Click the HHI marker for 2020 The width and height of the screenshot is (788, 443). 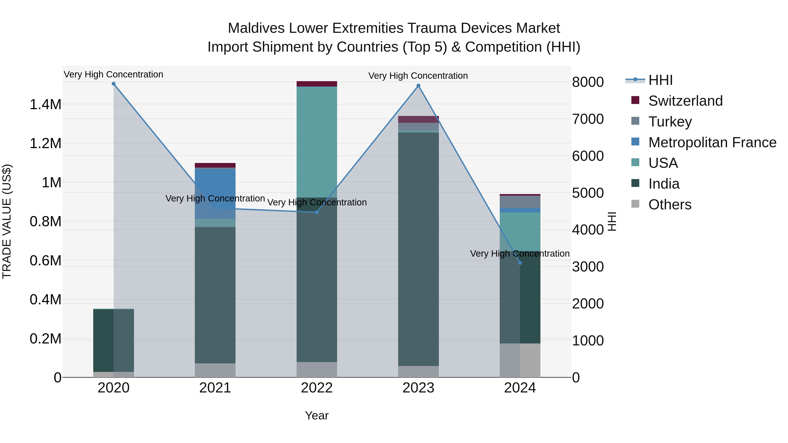[113, 84]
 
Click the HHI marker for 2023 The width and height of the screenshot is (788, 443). [419, 86]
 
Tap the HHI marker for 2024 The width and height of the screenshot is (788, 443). [520, 263]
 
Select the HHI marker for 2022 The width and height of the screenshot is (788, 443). [317, 212]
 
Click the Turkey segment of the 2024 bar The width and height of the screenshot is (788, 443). [520, 202]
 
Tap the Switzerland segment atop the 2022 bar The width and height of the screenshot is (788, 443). [317, 84]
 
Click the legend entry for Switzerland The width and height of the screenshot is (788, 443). [685, 101]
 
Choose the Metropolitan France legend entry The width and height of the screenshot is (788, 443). [712, 142]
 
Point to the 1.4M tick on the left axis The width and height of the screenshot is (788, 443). [46, 105]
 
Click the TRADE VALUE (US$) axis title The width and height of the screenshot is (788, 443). [7, 221]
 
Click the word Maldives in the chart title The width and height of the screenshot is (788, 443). [256, 28]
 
